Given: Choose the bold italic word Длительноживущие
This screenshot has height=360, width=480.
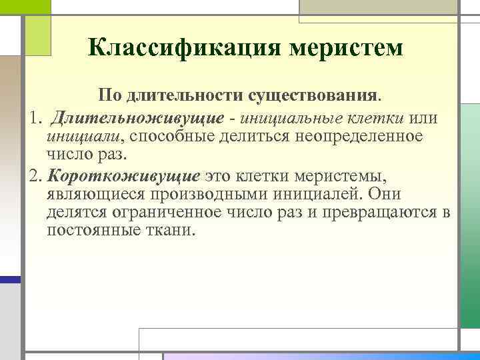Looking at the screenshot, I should pyautogui.click(x=140, y=119).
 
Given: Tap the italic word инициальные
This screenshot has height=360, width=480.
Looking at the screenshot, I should pyautogui.click(x=291, y=119).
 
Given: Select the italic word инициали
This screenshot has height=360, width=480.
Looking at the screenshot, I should pyautogui.click(x=83, y=137).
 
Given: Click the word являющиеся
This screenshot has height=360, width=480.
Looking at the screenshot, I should pyautogui.click(x=84, y=195).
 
